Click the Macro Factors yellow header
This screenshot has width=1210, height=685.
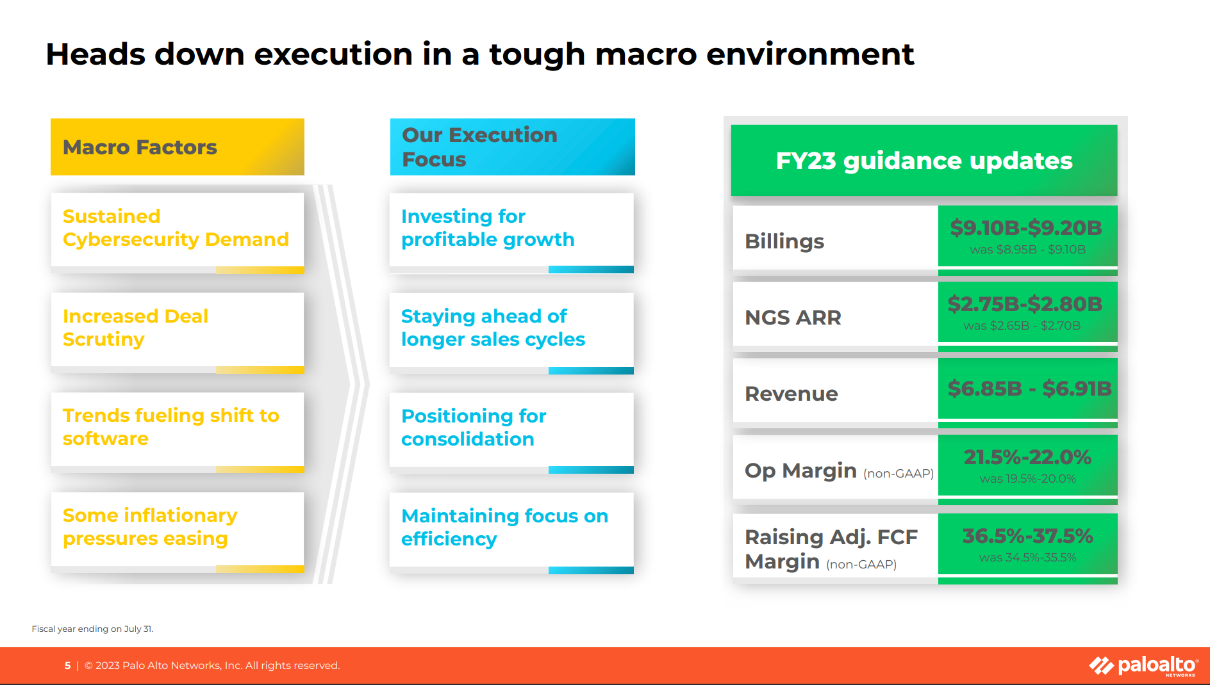[178, 147]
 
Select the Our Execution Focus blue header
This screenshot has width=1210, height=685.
[513, 147]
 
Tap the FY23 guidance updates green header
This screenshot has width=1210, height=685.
[924, 160]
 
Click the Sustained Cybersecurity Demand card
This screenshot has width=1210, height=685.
[178, 233]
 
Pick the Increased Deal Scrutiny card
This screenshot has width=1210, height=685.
[178, 333]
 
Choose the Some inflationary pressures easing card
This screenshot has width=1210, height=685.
[178, 533]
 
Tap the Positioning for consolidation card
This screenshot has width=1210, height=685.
[511, 433]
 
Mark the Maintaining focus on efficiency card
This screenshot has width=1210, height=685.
[511, 533]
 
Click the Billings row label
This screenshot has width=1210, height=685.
[784, 241]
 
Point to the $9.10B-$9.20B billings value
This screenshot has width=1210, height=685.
[1026, 227]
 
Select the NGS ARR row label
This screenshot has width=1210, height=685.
[793, 318]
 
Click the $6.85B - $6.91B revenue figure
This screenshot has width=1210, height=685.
[1029, 388]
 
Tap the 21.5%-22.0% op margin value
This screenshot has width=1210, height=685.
[1027, 457]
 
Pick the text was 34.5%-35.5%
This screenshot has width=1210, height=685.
[1027, 558]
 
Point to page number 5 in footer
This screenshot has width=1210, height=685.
[67, 666]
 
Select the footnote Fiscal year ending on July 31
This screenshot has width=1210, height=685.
[92, 629]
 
